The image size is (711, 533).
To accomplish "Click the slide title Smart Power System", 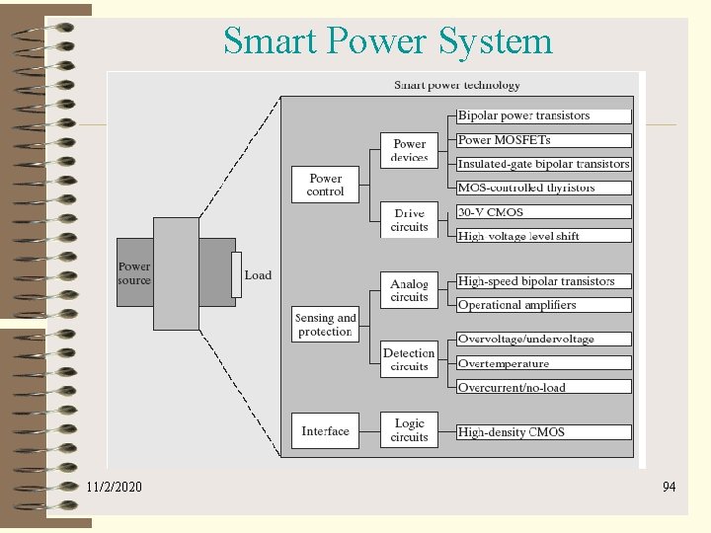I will point(387,41).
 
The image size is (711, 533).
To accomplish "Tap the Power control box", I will point(325,185).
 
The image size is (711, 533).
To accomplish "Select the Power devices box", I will point(409,150).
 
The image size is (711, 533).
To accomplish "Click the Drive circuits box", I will point(409,220).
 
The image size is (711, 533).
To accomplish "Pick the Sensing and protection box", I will point(325,325).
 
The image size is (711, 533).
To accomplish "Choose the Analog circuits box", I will point(409,290).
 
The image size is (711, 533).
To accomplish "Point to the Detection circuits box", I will point(409,359).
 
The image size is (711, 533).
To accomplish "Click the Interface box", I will point(325,430).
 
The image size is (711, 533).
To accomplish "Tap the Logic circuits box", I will point(409,430).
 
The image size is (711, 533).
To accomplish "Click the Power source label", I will point(134,273).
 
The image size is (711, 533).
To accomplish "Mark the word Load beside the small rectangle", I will point(258,275).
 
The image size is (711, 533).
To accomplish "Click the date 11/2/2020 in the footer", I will point(114,487).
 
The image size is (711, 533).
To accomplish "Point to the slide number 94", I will point(669,487).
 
